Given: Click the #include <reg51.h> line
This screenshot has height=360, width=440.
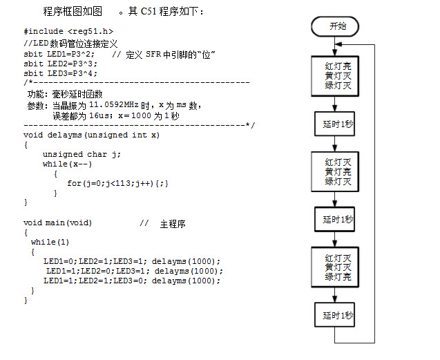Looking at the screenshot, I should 68,32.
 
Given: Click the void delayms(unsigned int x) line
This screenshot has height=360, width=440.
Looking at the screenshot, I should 91,135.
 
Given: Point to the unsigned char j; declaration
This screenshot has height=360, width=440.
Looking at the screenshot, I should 82,155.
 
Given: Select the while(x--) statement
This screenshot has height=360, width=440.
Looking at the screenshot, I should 67,164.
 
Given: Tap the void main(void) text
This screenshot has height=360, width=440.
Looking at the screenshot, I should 57,223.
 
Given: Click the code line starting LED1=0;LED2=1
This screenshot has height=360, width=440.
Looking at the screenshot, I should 132,261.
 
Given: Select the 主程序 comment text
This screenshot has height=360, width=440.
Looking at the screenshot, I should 173,224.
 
